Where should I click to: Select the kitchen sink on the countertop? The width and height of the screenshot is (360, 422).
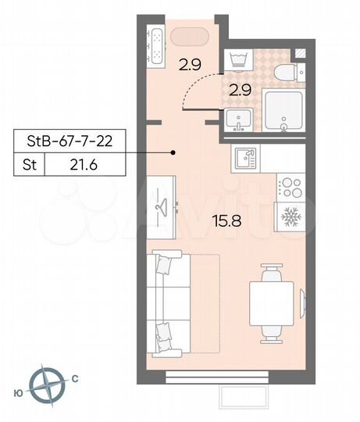246,159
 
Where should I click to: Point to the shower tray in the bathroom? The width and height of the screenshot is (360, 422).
283,112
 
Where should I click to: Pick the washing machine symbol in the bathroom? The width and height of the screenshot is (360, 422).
237,62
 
